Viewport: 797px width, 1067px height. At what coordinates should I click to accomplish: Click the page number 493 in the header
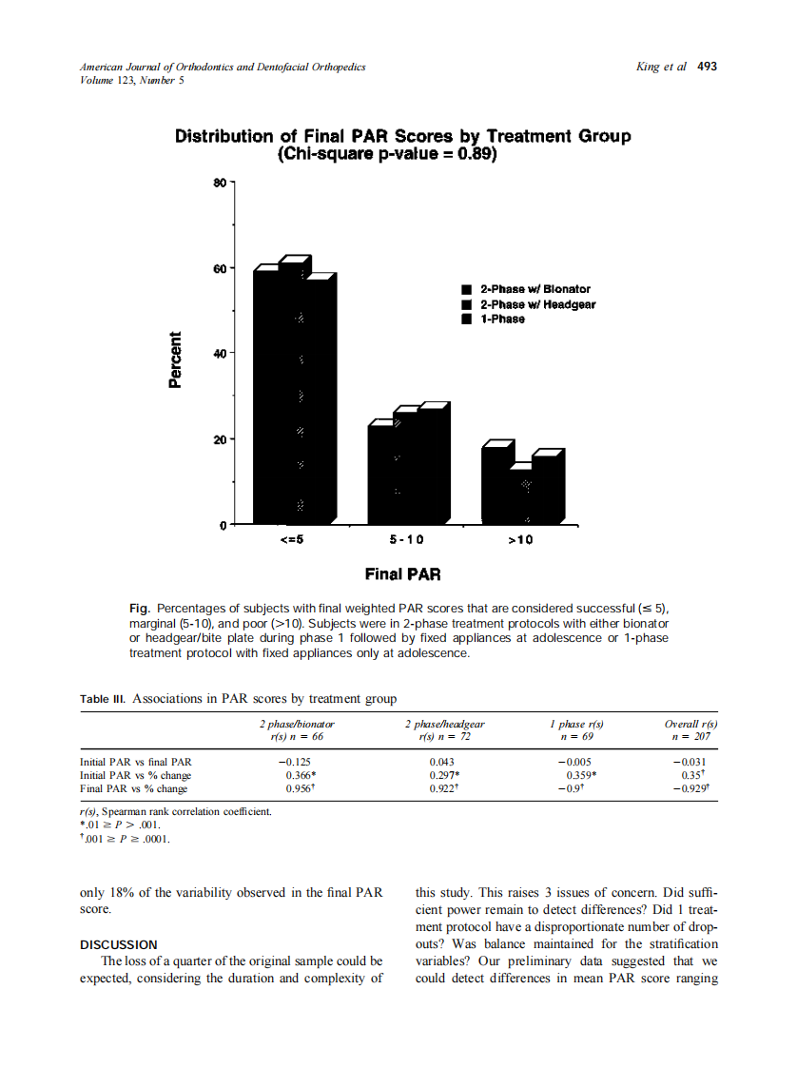click(707, 67)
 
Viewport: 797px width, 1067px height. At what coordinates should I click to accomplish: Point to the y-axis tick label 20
click(220, 439)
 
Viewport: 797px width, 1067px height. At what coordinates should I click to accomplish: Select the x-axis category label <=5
click(291, 540)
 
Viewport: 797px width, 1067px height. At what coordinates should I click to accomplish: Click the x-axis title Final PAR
click(402, 574)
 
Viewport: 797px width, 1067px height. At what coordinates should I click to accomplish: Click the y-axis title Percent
click(175, 359)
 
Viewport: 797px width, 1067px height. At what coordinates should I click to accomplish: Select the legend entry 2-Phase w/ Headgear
click(537, 304)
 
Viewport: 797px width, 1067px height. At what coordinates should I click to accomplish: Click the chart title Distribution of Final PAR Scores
click(402, 137)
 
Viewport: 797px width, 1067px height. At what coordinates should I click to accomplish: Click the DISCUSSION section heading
click(118, 944)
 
